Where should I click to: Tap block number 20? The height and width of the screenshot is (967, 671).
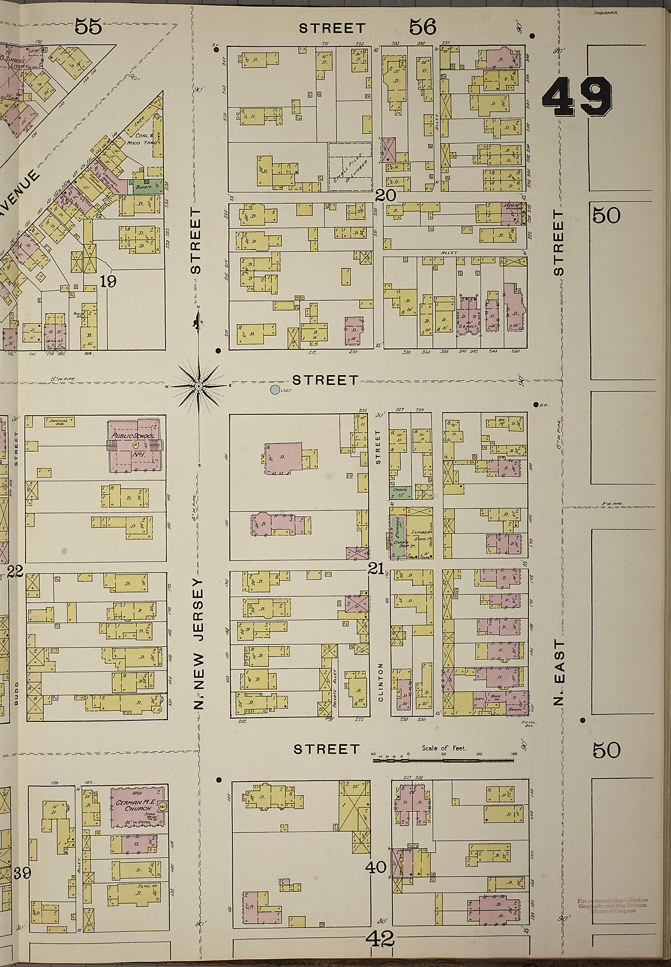[386, 195]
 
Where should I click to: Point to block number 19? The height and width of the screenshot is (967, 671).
[108, 281]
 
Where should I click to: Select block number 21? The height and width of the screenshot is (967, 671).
[375, 569]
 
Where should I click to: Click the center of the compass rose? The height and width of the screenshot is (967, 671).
[199, 386]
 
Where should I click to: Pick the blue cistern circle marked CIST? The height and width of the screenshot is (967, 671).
[275, 390]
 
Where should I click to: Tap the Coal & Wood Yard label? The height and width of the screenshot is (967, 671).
[145, 139]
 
